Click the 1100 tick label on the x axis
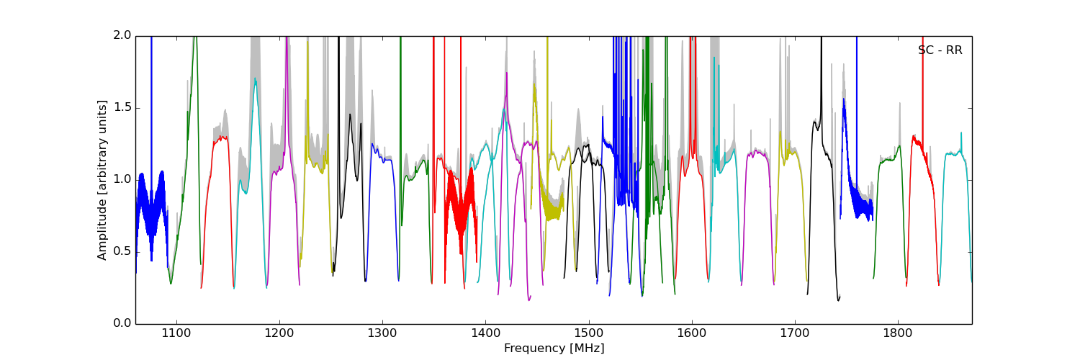tap(176, 333)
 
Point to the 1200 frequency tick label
tap(279, 333)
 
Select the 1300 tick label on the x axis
tap(382, 333)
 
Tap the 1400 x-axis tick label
tap(485, 333)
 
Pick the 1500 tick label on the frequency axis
tap(588, 333)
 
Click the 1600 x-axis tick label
tap(691, 333)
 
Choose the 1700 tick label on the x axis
tap(795, 333)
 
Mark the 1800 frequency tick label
tap(898, 333)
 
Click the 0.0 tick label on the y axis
tap(123, 323)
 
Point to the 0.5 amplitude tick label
tap(123, 251)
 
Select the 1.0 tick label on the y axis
tap(123, 179)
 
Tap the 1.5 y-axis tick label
tap(123, 107)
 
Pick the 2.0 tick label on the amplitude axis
tap(123, 35)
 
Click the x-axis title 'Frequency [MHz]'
tap(554, 348)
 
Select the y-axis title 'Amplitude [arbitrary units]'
tap(102, 179)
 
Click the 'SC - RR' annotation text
tap(940, 50)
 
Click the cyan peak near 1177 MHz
tap(255, 81)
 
